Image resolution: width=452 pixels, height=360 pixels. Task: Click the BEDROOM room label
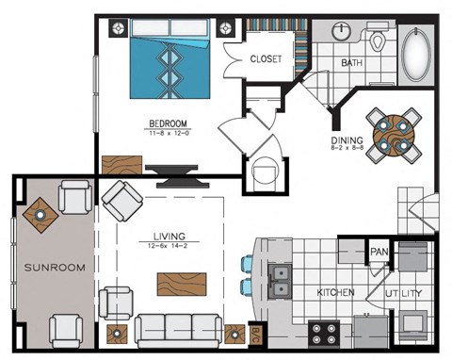168,123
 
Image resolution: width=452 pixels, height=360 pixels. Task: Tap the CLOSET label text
266,58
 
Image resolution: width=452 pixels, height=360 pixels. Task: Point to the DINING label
346,141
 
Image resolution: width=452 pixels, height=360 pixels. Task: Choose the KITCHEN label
335,292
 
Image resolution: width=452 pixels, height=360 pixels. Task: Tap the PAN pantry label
379,252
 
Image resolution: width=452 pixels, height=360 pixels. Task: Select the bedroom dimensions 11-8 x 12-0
168,133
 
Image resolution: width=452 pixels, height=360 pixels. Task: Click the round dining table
393,135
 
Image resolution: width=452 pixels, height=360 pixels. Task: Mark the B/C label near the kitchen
255,334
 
